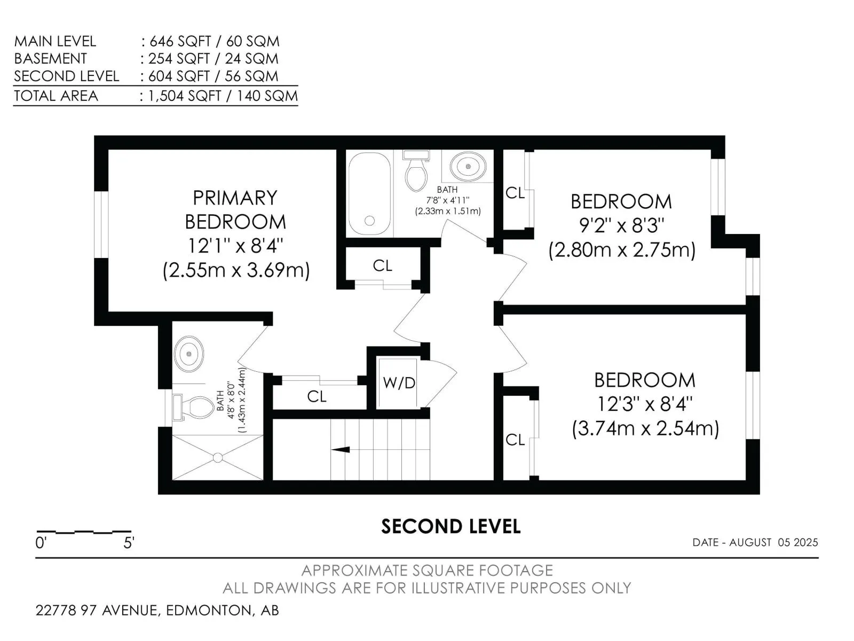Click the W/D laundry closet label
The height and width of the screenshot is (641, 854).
pyautogui.click(x=399, y=383)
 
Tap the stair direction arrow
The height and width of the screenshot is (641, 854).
pyautogui.click(x=341, y=450)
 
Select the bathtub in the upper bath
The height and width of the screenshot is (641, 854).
pyautogui.click(x=369, y=193)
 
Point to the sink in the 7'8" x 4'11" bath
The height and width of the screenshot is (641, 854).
pyautogui.click(x=468, y=166)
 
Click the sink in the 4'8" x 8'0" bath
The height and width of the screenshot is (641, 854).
pyautogui.click(x=189, y=354)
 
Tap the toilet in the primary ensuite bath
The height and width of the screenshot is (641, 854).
pyautogui.click(x=194, y=407)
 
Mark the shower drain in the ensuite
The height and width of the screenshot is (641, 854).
pyautogui.click(x=218, y=458)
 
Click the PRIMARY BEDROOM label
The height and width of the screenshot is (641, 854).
pyautogui.click(x=235, y=210)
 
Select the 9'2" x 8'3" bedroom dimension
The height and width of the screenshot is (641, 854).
pyautogui.click(x=621, y=225)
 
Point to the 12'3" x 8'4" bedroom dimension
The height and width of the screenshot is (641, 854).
pyautogui.click(x=645, y=404)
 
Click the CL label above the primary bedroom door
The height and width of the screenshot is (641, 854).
pyautogui.click(x=383, y=266)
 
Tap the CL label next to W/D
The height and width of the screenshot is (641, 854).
pyautogui.click(x=317, y=396)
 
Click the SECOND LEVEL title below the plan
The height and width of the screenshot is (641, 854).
pyautogui.click(x=451, y=527)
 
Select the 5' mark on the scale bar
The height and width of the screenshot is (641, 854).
pyautogui.click(x=129, y=543)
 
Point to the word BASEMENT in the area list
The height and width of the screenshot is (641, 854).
pyautogui.click(x=51, y=58)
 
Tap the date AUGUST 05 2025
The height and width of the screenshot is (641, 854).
pyautogui.click(x=773, y=543)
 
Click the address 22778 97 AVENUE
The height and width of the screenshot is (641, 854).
pyautogui.click(x=97, y=610)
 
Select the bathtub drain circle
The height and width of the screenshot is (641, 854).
pyautogui.click(x=369, y=221)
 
